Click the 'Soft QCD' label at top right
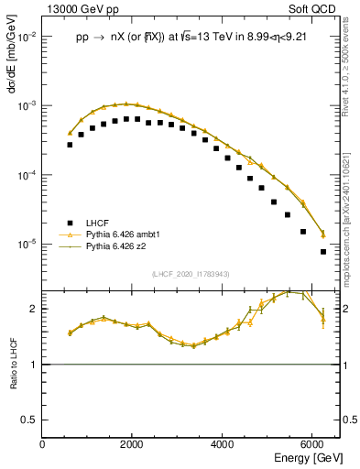point(317,8)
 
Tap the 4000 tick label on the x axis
point(222,444)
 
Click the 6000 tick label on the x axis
point(311,444)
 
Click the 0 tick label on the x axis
point(42,444)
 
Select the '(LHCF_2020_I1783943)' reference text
point(191,274)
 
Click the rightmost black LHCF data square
point(322,252)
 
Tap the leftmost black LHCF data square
point(70,145)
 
